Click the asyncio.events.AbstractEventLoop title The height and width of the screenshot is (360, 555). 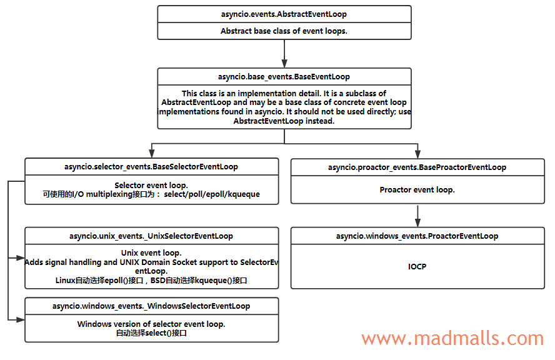[284, 14]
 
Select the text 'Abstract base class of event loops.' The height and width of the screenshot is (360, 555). [284, 31]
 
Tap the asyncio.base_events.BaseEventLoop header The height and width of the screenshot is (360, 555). [284, 77]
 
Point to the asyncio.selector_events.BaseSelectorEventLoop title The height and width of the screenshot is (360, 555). [151, 167]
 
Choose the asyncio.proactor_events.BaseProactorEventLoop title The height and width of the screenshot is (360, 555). [417, 167]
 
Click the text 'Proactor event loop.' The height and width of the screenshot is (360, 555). [417, 189]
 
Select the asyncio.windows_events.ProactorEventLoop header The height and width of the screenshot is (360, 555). [417, 236]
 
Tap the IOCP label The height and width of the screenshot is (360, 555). [417, 266]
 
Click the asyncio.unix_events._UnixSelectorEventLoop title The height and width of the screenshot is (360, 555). [151, 236]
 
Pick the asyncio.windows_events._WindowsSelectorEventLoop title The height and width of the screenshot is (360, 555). [151, 306]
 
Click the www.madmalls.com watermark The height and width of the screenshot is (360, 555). [452, 339]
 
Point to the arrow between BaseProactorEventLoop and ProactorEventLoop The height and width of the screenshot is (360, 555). [417, 215]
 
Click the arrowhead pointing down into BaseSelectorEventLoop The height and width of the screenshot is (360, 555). [151, 154]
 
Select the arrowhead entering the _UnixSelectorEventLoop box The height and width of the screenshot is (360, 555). [21, 257]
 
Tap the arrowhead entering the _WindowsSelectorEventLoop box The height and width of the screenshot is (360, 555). [21, 319]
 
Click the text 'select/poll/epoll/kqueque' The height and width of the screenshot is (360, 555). [212, 194]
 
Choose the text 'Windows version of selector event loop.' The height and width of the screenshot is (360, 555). [151, 324]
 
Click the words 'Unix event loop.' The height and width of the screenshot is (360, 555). [151, 253]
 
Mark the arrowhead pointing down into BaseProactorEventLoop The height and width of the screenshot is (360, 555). [417, 154]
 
